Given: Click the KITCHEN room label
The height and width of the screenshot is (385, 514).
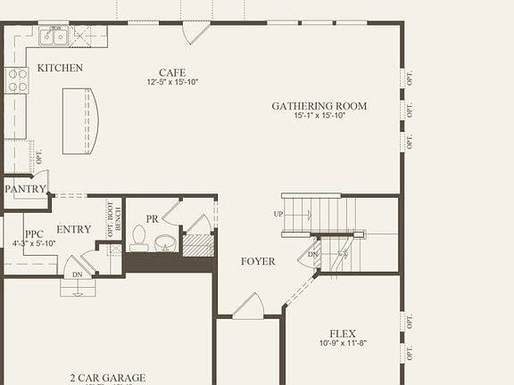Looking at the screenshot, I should [61, 68].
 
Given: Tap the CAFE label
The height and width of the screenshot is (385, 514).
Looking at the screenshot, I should [172, 72].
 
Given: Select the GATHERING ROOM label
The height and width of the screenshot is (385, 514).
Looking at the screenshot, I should [319, 106].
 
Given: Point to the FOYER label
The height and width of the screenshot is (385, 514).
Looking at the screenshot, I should [258, 261].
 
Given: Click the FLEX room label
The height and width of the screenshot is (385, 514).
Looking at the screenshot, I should [343, 334].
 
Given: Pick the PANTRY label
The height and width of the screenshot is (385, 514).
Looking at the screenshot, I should [25, 189].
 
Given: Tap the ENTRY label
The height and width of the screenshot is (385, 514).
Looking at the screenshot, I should [73, 229].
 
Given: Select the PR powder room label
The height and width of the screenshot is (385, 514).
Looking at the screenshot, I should [152, 219].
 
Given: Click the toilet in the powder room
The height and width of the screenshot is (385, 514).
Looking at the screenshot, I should [139, 237].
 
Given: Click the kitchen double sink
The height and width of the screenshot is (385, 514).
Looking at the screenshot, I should [54, 37].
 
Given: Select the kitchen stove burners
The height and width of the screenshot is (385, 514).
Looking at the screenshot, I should [17, 80].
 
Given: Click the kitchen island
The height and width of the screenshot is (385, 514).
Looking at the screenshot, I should [80, 120].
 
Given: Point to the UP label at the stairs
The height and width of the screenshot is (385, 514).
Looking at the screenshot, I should [279, 215].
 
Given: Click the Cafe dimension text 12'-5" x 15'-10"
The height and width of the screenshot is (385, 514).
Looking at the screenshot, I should [172, 82].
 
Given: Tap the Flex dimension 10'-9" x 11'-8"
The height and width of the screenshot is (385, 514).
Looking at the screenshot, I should [343, 344].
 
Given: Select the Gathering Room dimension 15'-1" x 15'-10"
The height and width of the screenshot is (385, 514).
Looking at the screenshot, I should [319, 116].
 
